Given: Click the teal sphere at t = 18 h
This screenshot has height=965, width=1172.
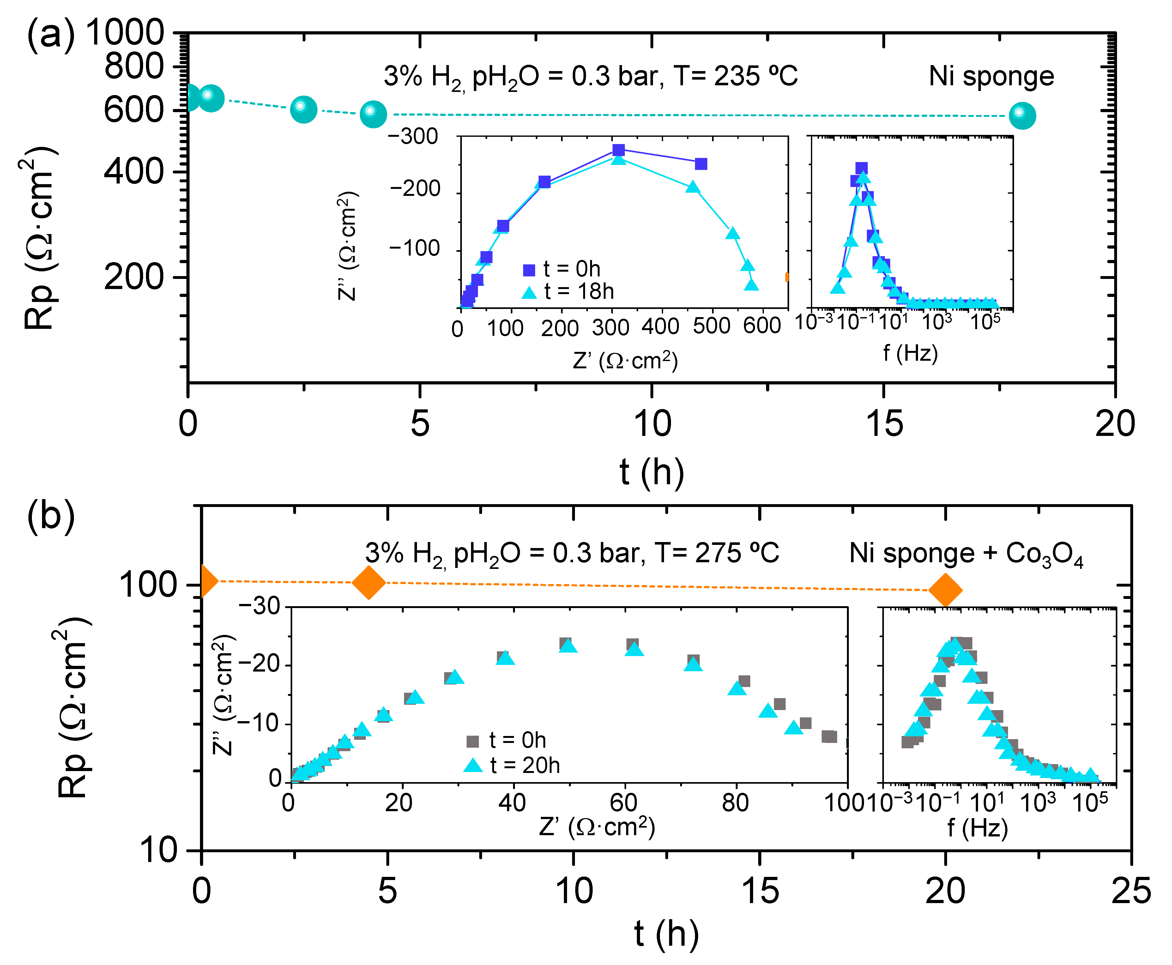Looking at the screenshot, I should [x=1022, y=116].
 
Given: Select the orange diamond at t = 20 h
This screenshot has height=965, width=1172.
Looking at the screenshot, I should [x=945, y=590].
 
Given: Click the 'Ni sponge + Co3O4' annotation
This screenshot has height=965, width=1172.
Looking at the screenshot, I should [x=966, y=554].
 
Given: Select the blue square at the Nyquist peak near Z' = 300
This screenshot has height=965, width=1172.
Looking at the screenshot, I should [x=618, y=150].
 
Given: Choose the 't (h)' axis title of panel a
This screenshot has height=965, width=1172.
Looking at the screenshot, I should [x=652, y=471].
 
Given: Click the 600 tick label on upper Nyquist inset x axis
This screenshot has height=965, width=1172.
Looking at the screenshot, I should [x=762, y=326].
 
